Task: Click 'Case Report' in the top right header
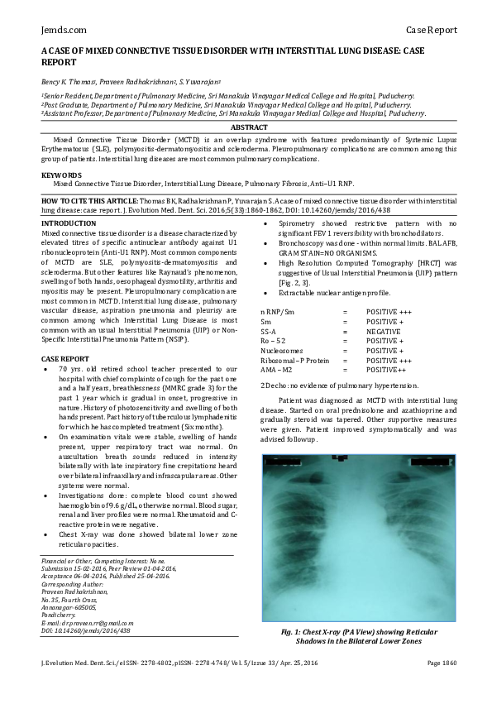point(431,30)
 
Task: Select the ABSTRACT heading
point(249,127)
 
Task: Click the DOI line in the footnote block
point(85,630)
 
